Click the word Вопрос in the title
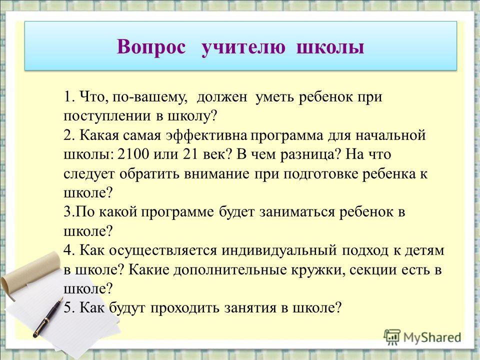tap(151, 47)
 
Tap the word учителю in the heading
tap(243, 48)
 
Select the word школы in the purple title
tap(330, 48)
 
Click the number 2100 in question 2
tap(133, 154)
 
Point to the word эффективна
tap(206, 135)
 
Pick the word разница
tap(310, 155)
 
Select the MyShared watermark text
tap(432, 337)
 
